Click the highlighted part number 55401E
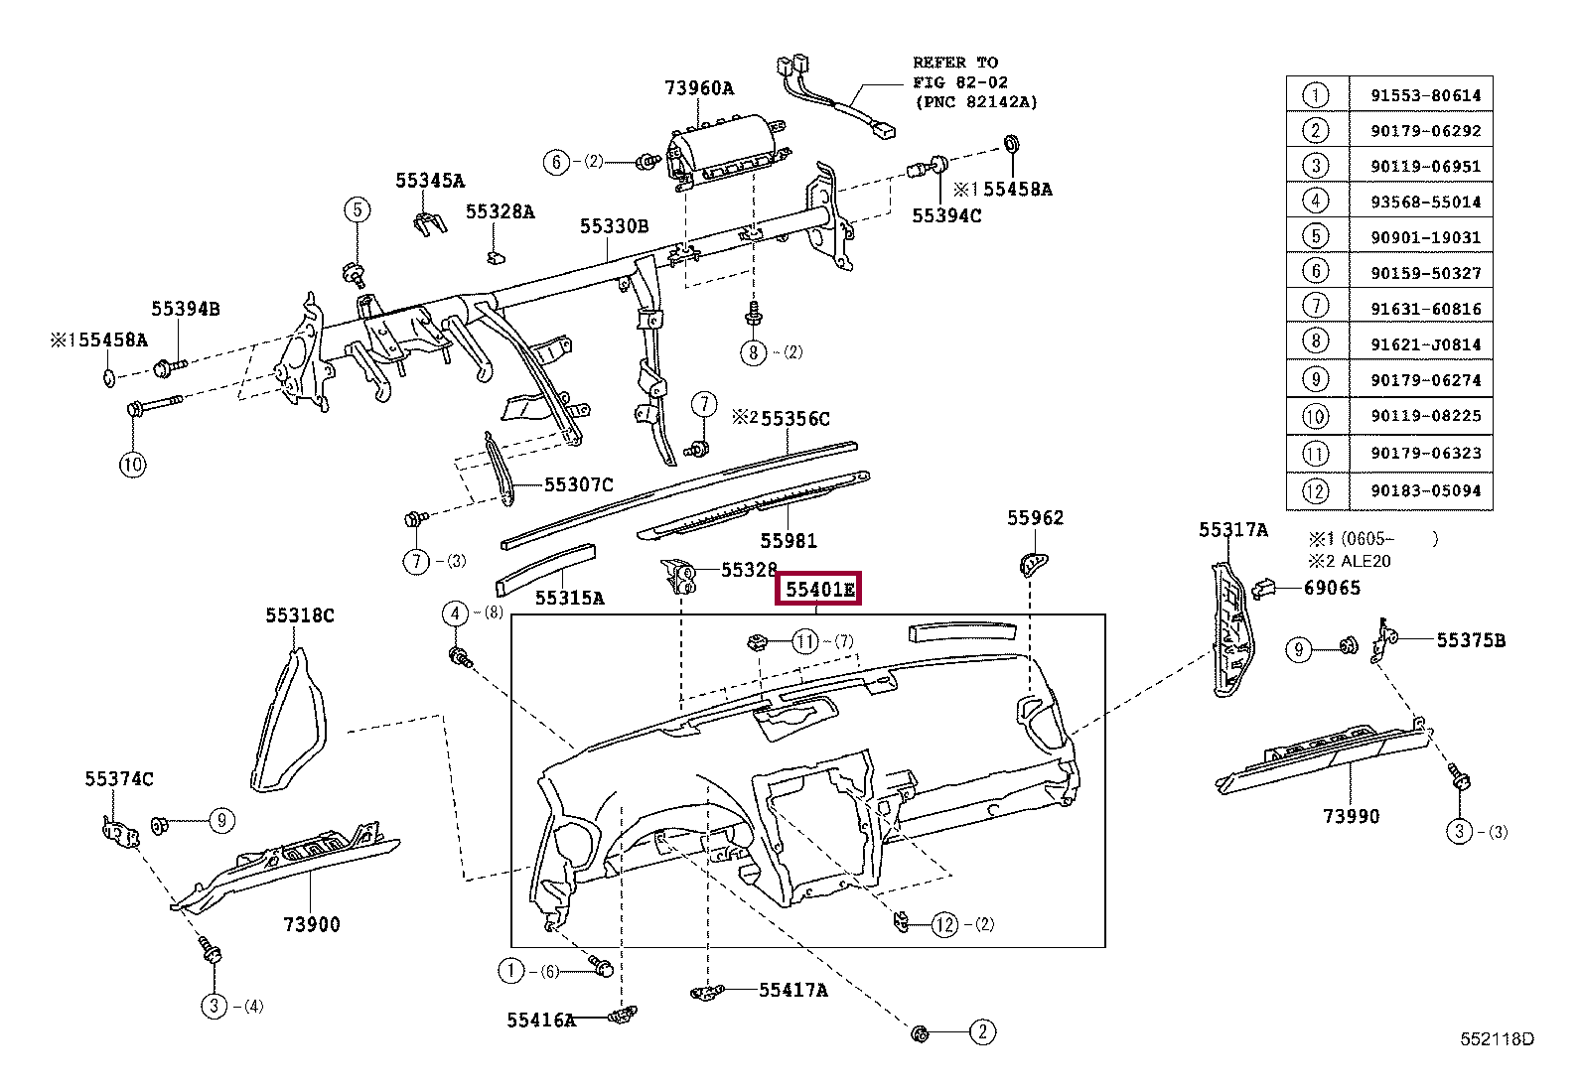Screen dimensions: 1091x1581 coord(819,590)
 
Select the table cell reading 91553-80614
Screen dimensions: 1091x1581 coord(1421,96)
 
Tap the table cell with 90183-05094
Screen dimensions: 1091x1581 coord(1421,490)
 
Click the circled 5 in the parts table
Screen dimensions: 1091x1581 coord(1315,237)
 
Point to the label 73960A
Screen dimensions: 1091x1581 coord(698,87)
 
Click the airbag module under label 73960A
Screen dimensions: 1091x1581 coord(720,150)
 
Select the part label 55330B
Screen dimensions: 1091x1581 coord(614,226)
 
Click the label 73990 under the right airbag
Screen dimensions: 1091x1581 coord(1351,816)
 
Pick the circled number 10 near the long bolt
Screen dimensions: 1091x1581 coord(133,465)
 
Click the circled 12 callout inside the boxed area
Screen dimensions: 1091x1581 coord(945,925)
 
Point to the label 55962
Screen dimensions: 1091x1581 coord(1035,517)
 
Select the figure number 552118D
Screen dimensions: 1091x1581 coord(1496,1039)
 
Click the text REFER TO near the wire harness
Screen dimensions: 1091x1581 coord(955,63)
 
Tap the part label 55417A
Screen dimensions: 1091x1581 coord(792,990)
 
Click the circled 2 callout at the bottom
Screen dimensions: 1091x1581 coord(981,1032)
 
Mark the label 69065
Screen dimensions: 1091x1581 coord(1332,588)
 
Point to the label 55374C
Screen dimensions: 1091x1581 coord(118,779)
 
